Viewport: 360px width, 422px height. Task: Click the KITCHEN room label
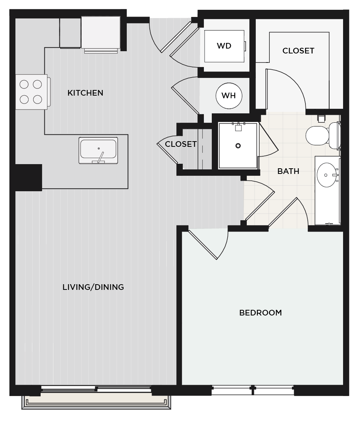[85, 93]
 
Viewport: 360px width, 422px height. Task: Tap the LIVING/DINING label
[93, 287]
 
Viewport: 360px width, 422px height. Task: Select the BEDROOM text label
[260, 313]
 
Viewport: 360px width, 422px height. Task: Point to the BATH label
[288, 171]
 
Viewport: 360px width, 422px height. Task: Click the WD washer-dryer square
[224, 46]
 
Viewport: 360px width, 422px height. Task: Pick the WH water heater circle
[229, 96]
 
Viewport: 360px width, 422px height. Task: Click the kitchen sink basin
[98, 149]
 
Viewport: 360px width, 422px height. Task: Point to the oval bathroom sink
[327, 175]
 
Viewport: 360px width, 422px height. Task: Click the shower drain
[238, 146]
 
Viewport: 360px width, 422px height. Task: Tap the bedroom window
[253, 390]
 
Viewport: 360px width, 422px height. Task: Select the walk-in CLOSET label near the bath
[298, 51]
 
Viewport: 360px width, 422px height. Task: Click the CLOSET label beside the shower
[181, 144]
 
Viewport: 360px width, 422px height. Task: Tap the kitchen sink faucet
[100, 157]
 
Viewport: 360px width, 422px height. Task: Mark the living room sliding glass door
[96, 388]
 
